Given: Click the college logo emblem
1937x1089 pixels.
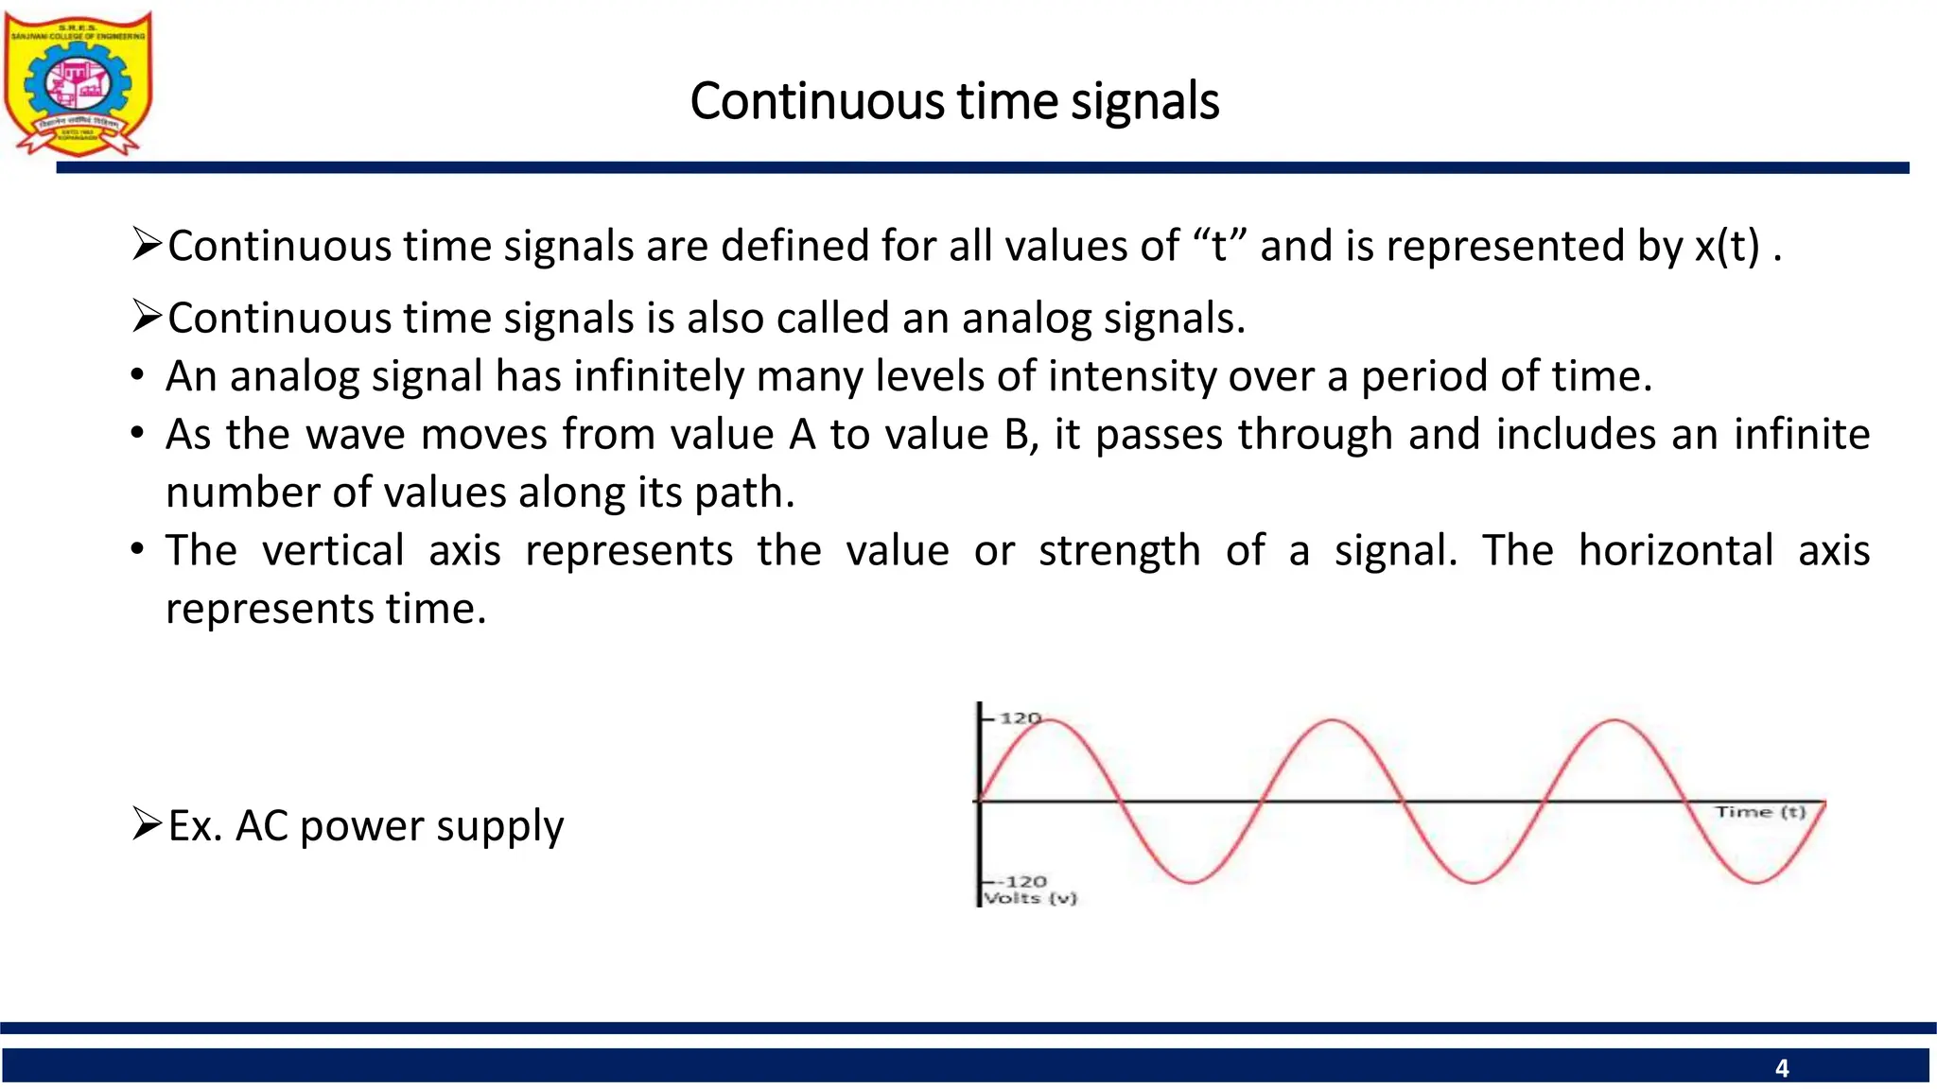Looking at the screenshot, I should [x=78, y=83].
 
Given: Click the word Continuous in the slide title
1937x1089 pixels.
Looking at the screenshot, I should [x=815, y=101].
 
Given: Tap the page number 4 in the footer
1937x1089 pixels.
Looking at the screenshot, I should [x=1782, y=1068].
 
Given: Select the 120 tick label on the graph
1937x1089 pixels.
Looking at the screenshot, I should [x=1021, y=718].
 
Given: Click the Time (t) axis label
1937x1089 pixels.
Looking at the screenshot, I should [x=1760, y=812].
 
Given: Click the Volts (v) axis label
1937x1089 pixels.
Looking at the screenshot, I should [x=1030, y=898].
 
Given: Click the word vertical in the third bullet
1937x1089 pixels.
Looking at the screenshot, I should [x=333, y=550].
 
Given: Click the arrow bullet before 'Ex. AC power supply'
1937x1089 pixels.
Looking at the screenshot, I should [x=147, y=823].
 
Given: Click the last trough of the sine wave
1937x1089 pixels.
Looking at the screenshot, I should [x=1756, y=882].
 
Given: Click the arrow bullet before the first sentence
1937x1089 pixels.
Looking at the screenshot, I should [x=147, y=244].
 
